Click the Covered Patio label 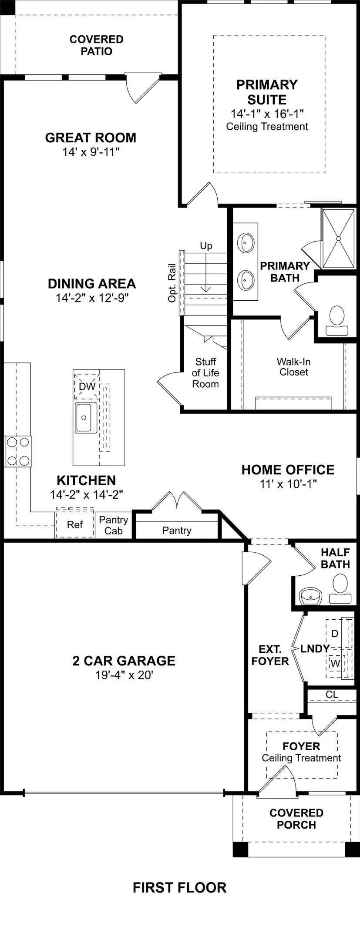tap(96, 45)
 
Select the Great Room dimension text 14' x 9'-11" tap(91, 152)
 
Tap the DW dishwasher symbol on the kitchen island tap(87, 386)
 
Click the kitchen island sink tap(86, 418)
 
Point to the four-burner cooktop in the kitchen tap(18, 452)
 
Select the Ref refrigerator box tap(75, 524)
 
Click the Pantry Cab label tap(113, 525)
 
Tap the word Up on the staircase tap(206, 246)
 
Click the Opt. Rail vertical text tap(172, 283)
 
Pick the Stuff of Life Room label tap(205, 373)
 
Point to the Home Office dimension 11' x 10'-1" tap(288, 483)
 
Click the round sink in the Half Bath tap(311, 596)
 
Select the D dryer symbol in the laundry tap(335, 634)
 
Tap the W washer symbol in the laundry tap(335, 664)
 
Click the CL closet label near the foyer tap(332, 695)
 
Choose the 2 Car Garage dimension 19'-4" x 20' tap(124, 675)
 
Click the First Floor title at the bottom tap(179, 887)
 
